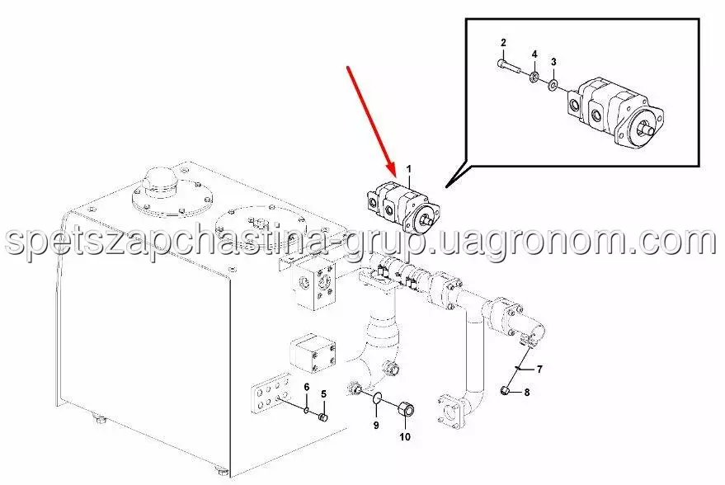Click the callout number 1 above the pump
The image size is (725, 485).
(x=409, y=169)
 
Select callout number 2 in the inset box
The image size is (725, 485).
(x=503, y=43)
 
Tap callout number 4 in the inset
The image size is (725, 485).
(x=534, y=54)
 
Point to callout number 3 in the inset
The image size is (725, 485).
(x=553, y=62)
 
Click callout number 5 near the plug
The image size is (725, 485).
(x=323, y=394)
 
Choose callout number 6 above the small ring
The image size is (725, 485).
(x=306, y=387)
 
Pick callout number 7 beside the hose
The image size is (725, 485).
(x=539, y=369)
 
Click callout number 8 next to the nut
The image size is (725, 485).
(x=527, y=393)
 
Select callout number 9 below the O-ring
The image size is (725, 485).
(x=376, y=425)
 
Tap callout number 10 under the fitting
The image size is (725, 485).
(x=405, y=436)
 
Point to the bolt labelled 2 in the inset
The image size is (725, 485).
(x=510, y=67)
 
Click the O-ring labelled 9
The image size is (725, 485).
(x=377, y=397)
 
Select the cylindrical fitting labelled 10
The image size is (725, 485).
(x=406, y=409)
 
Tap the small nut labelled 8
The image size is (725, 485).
(x=506, y=391)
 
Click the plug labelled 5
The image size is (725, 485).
(x=323, y=418)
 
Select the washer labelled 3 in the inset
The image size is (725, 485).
(x=553, y=85)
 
